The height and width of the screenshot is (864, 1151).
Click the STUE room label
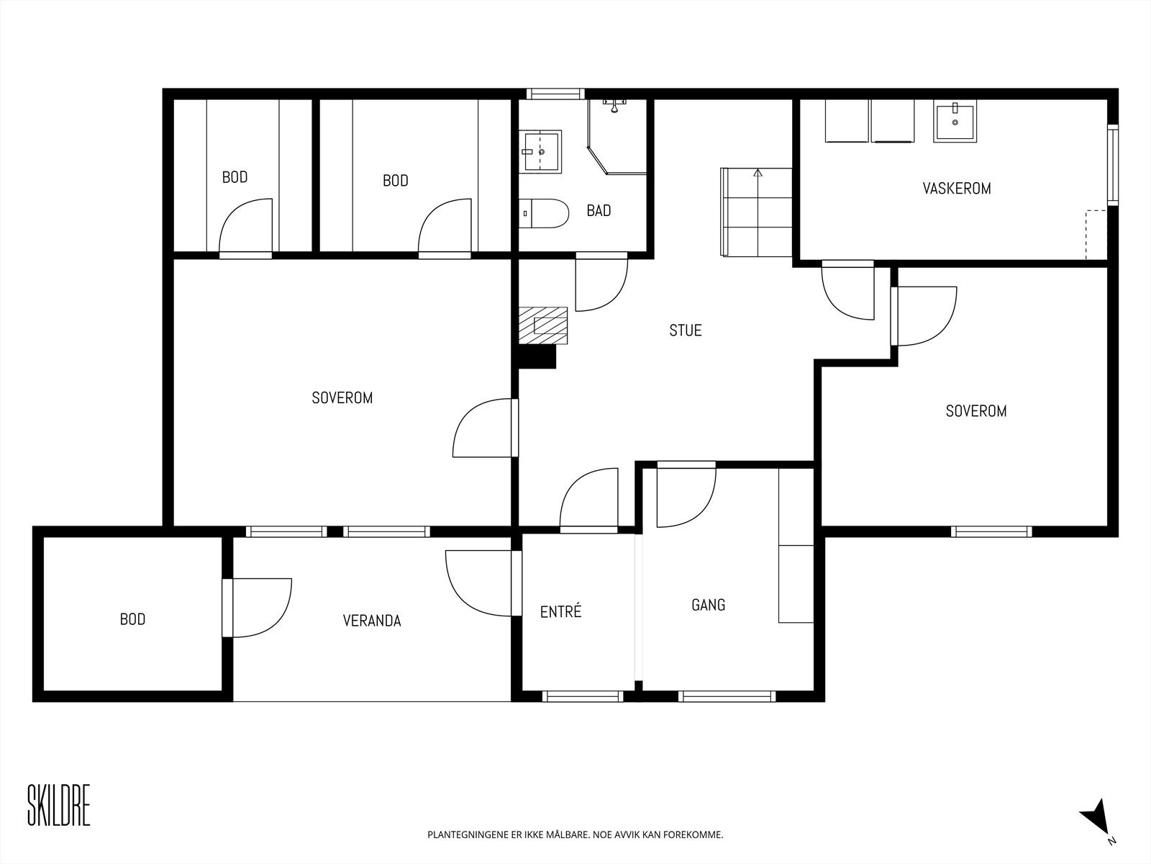(686, 330)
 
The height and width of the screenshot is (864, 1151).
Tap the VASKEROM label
(957, 189)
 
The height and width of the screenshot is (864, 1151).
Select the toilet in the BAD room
(544, 213)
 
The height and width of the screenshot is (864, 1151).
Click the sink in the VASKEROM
(955, 122)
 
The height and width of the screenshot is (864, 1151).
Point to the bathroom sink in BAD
(541, 151)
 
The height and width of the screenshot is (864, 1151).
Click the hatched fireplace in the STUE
(543, 325)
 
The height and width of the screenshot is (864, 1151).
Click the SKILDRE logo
(59, 805)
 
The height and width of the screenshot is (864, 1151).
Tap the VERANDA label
(372, 621)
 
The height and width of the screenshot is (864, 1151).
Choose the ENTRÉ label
(560, 611)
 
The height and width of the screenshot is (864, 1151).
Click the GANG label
(709, 605)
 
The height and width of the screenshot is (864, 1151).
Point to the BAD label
(599, 211)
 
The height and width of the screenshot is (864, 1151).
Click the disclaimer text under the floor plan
(575, 834)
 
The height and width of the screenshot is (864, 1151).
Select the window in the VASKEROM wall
(1113, 165)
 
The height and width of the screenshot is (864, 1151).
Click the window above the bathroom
(555, 94)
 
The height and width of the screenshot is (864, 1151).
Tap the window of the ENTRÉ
(583, 697)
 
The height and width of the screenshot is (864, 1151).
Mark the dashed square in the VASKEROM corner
(1096, 235)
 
